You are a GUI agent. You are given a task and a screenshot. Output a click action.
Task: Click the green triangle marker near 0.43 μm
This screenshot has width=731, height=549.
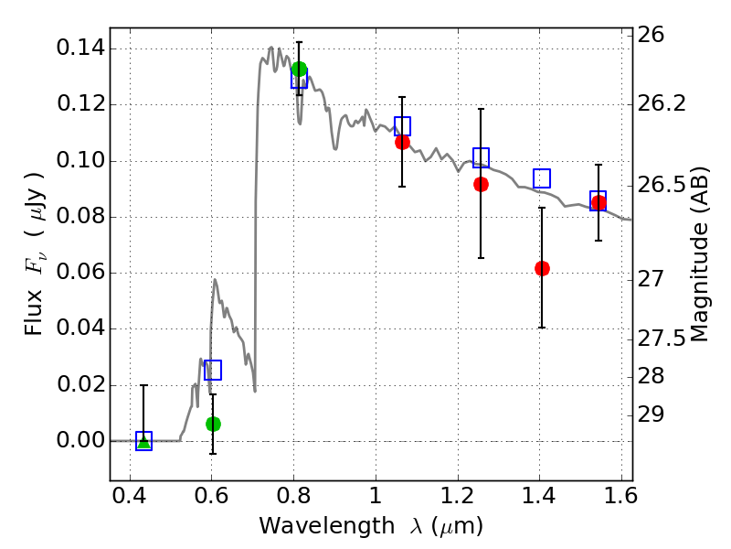point(143,441)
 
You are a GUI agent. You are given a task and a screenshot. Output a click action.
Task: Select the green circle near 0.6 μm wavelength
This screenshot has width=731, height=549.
point(213,424)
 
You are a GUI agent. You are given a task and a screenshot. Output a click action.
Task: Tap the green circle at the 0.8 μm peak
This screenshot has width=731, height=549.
point(299,70)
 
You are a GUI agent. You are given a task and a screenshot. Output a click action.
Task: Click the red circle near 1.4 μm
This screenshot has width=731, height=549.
point(542,268)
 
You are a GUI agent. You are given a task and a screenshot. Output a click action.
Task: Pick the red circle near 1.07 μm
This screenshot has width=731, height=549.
point(402,142)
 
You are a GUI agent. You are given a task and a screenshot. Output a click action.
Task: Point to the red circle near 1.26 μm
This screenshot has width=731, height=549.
point(481,184)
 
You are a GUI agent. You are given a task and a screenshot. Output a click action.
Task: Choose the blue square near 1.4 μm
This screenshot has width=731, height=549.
point(542,178)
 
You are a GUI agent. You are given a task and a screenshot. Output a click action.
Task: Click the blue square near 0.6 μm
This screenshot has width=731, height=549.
point(213,370)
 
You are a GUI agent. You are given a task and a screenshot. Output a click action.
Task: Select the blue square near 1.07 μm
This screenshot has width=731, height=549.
point(402,126)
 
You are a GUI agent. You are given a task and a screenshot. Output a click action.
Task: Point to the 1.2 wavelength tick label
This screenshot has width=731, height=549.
point(456,501)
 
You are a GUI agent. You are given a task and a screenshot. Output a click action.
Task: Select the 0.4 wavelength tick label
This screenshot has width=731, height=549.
point(130,501)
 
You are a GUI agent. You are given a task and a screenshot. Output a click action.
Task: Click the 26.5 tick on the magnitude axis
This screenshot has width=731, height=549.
point(663,186)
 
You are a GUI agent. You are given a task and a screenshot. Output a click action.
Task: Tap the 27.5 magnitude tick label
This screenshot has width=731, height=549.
point(663,339)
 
